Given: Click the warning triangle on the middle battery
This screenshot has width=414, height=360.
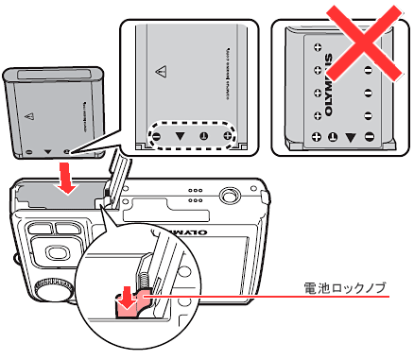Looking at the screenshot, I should point(161,72).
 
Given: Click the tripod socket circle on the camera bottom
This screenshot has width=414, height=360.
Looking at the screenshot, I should point(228,195).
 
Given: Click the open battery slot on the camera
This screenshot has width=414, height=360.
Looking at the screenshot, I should point(59,197).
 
